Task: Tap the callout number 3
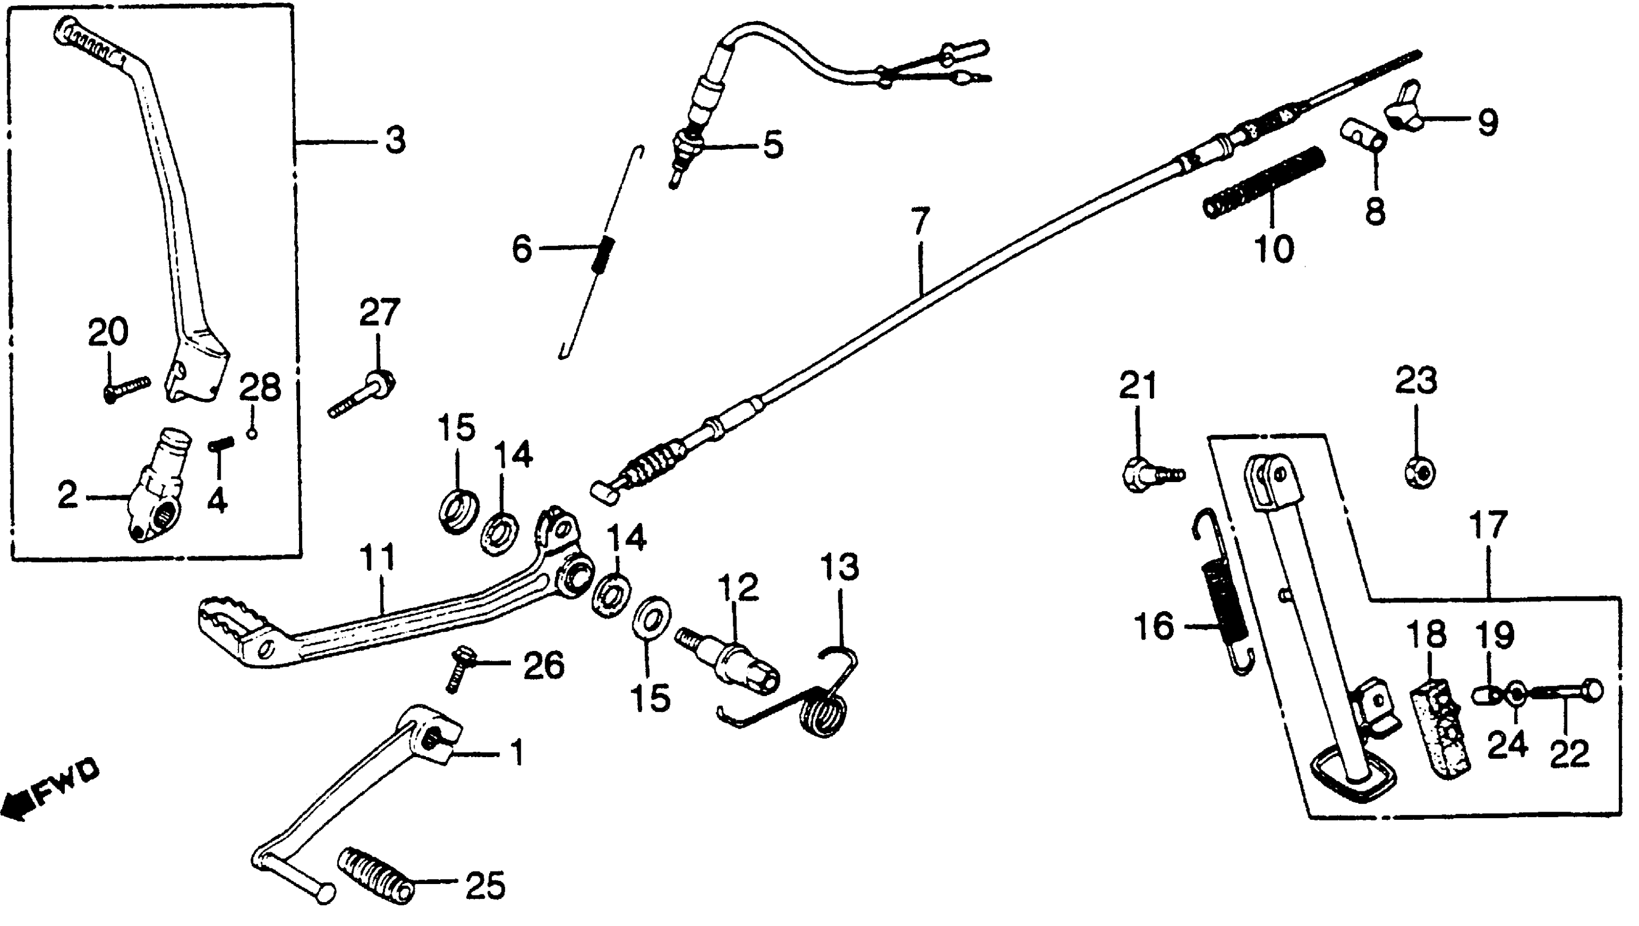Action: pos(395,140)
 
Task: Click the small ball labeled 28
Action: pos(253,434)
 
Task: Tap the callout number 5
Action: pos(773,145)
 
